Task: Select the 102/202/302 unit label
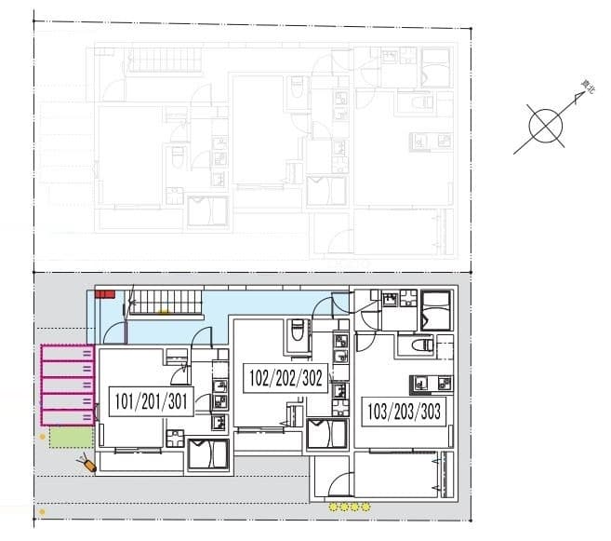click(287, 378)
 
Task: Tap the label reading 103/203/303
click(402, 410)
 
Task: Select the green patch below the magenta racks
click(71, 436)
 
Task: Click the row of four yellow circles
click(350, 507)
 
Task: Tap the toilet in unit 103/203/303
click(416, 345)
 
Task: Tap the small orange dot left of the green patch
click(42, 435)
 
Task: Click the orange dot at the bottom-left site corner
click(42, 512)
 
